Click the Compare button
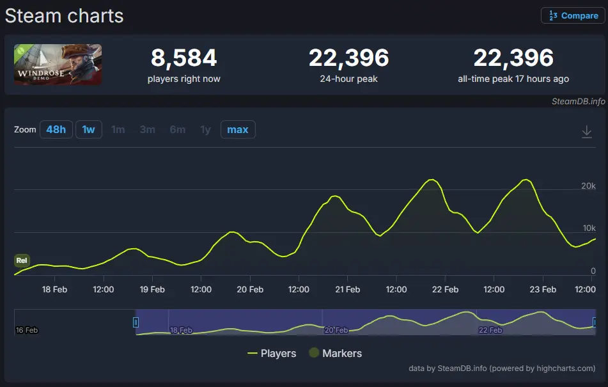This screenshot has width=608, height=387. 573,16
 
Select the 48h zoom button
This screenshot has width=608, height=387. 56,130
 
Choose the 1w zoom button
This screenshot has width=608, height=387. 88,130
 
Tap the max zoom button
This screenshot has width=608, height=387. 238,130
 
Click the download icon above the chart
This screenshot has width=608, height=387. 587,131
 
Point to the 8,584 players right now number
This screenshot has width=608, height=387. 183,58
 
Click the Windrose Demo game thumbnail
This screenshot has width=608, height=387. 58,65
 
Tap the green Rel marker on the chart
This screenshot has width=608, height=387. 22,260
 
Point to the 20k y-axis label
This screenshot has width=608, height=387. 588,186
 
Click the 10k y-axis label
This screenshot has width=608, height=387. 588,228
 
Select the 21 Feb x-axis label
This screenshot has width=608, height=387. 347,289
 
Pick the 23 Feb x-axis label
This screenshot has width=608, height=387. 543,289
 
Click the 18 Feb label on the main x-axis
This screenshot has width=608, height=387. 54,289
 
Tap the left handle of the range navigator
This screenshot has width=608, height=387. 136,322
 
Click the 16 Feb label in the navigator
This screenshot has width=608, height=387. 26,330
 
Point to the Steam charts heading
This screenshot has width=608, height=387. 64,16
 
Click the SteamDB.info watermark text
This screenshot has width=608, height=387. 578,101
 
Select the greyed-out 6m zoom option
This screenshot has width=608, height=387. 178,130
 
